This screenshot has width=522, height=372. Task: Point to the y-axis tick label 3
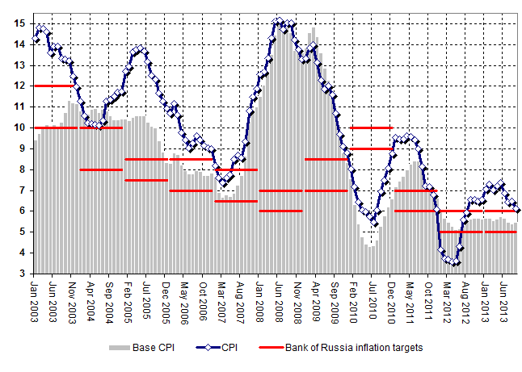tap(23, 274)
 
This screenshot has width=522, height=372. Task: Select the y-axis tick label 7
tap(23, 190)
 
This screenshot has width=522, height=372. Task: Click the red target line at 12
tap(54, 86)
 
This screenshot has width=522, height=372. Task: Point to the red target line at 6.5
tap(235, 201)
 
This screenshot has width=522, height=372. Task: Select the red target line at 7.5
tap(146, 180)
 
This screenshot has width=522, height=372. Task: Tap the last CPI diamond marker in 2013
tap(517, 210)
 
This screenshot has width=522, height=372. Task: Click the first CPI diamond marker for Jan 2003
tap(36, 40)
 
